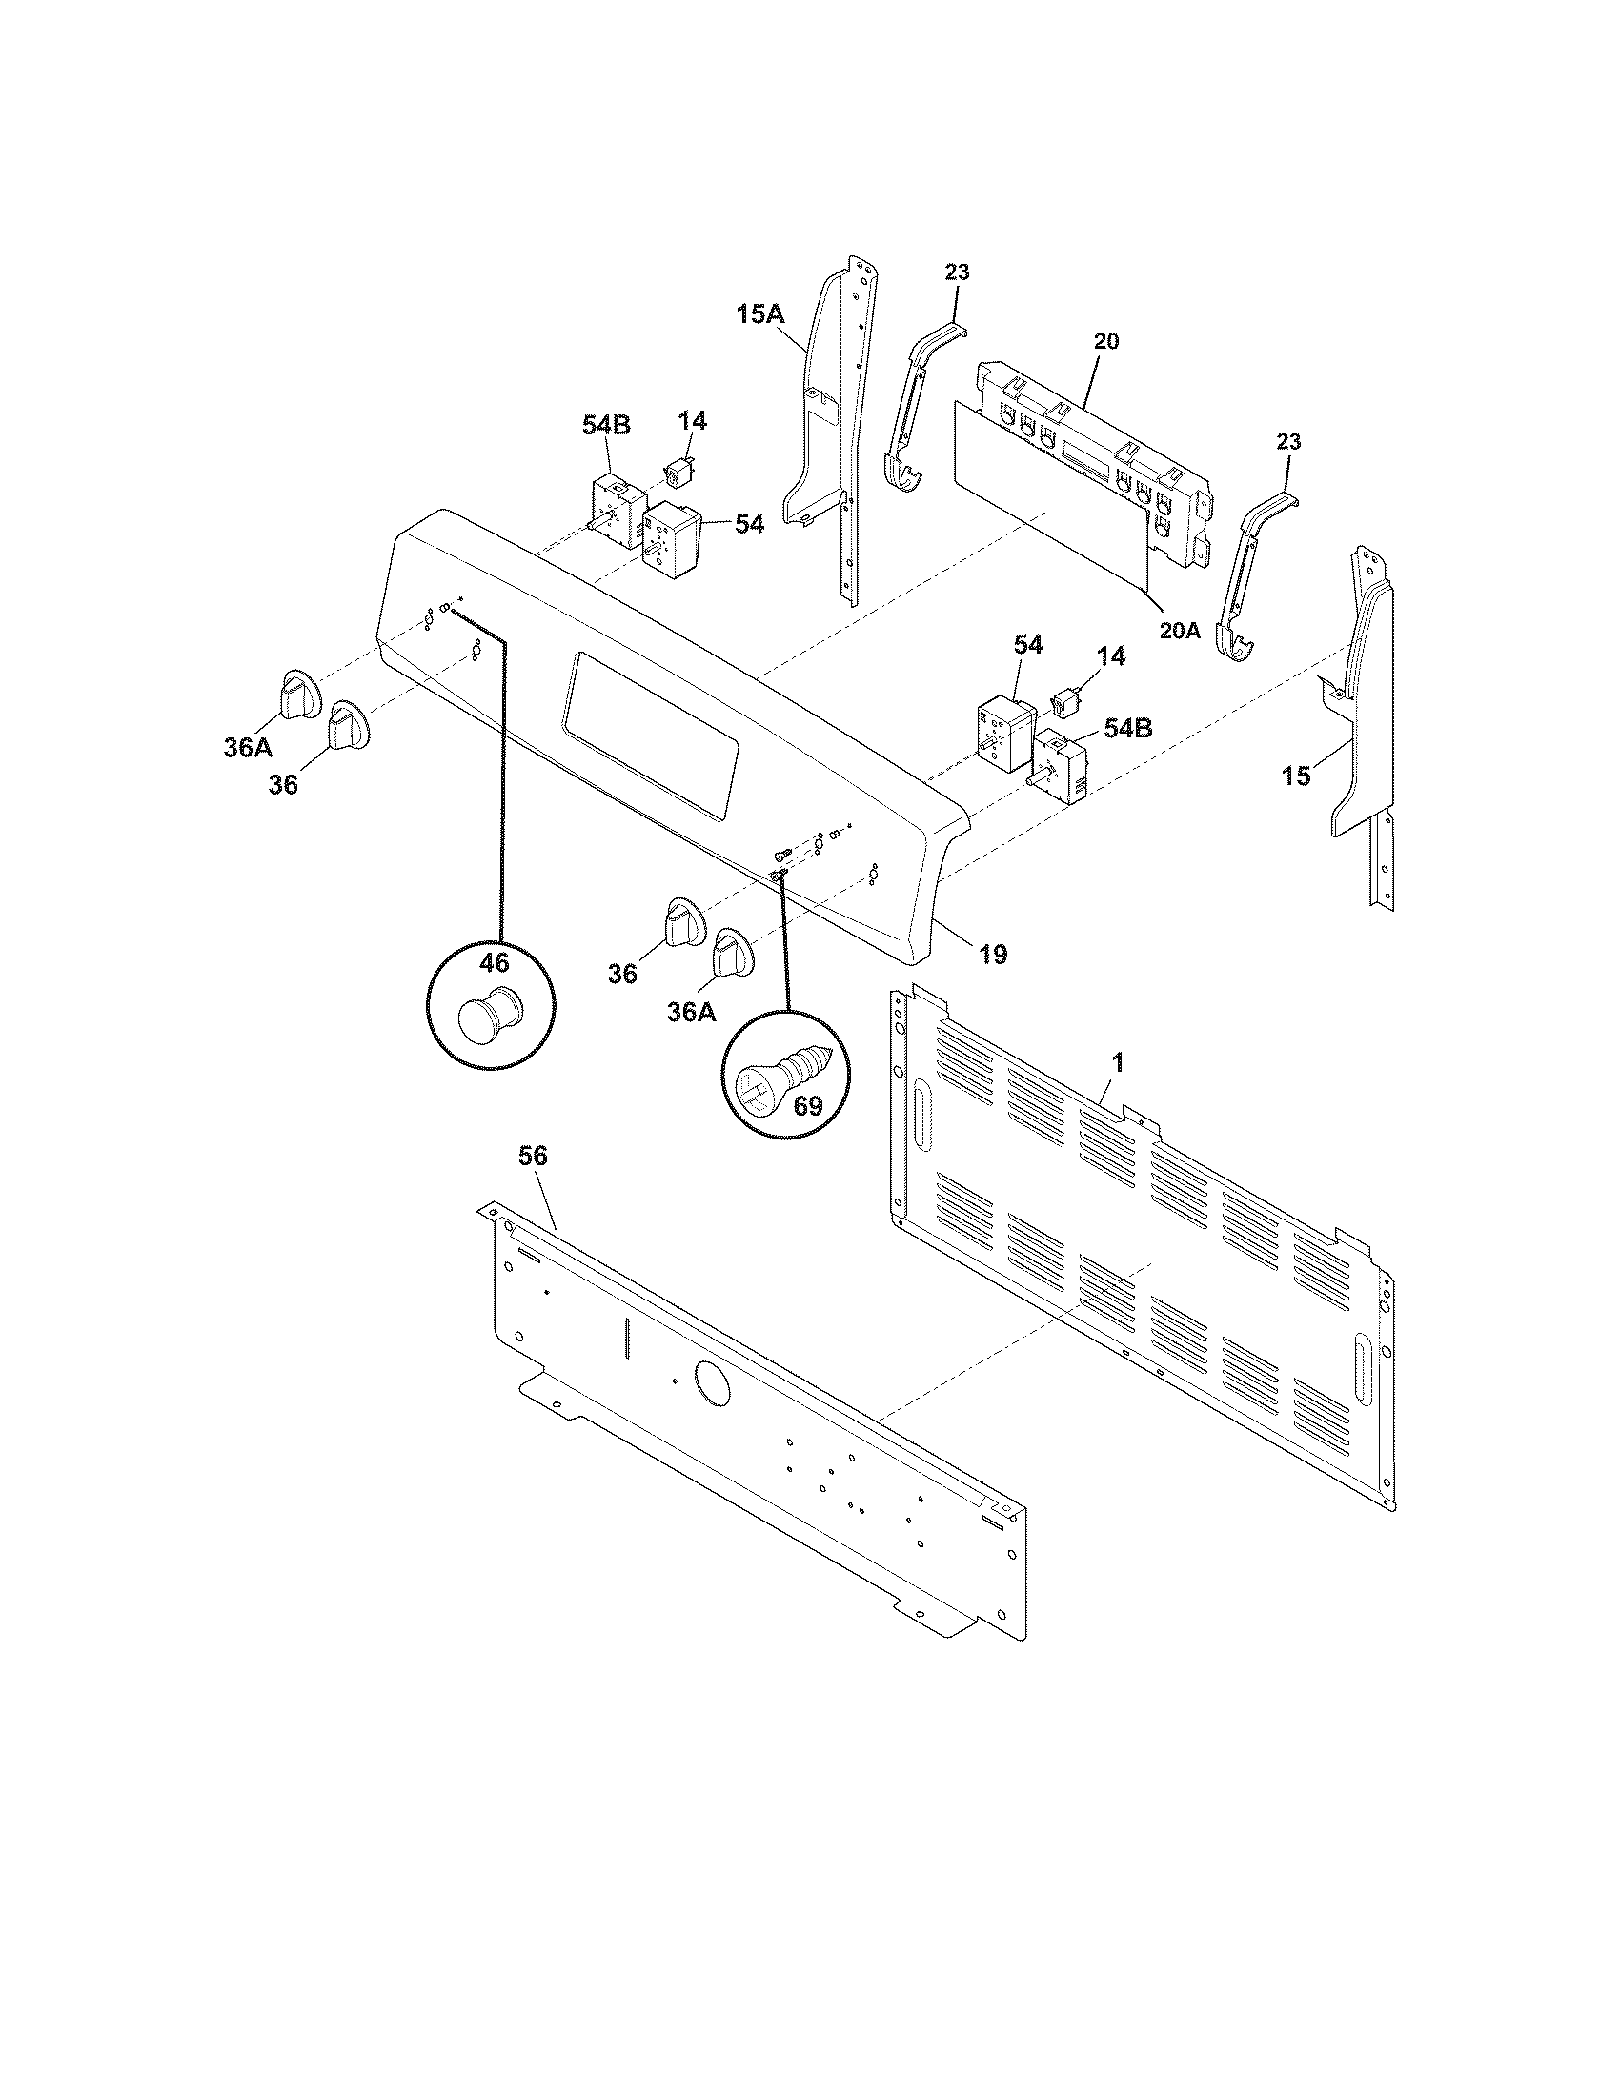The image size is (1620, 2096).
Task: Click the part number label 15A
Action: (x=760, y=313)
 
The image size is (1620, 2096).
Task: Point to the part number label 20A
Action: (x=1179, y=632)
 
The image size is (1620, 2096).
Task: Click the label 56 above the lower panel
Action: (x=533, y=1157)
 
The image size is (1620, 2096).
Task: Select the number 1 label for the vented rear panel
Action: (x=1117, y=1062)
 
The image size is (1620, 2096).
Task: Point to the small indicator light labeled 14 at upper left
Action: (x=679, y=474)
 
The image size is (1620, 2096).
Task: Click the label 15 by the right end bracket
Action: (x=1297, y=776)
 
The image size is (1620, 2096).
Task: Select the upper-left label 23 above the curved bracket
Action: (x=957, y=272)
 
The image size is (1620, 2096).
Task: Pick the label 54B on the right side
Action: (x=1128, y=728)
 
